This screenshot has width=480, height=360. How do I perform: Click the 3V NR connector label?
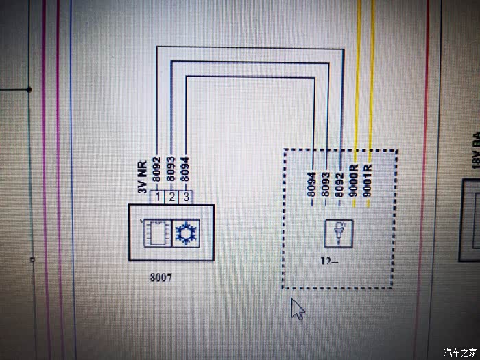click(x=143, y=177)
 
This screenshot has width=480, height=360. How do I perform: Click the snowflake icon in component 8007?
click(x=184, y=232)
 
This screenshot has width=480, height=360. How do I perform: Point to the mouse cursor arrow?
click(x=298, y=308)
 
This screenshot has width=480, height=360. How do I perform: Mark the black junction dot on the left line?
click(x=29, y=89)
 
